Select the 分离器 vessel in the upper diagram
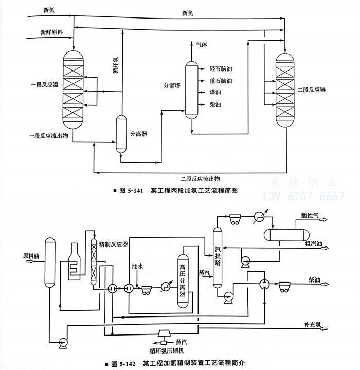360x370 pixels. tap(121, 133)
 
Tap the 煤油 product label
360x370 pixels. tap(215, 93)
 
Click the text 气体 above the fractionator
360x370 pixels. tap(202, 45)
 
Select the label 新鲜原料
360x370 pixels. tap(52, 33)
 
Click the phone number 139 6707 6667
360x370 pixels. tap(303, 197)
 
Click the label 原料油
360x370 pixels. tap(31, 255)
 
